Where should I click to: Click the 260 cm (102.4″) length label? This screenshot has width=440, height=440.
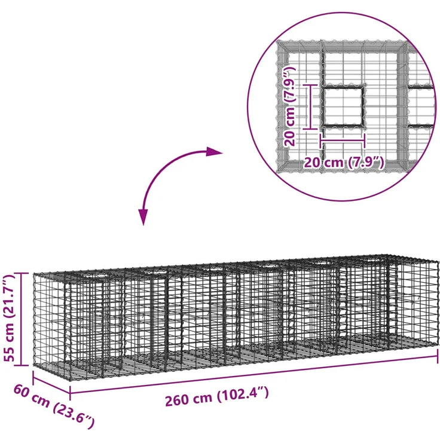tap(216, 396)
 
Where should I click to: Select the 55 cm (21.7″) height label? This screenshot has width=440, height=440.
tap(9, 319)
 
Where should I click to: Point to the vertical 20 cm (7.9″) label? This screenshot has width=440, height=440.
tap(289, 106)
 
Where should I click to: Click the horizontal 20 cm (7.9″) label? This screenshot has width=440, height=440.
tap(344, 162)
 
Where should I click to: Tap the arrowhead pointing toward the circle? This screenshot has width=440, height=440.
tap(214, 151)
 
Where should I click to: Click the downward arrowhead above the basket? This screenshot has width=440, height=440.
tap(143, 217)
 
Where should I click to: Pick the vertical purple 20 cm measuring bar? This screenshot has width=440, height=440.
tap(310, 106)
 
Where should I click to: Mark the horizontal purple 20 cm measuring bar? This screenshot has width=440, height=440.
tap(343, 141)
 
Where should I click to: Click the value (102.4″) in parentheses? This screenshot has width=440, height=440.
tap(243, 393)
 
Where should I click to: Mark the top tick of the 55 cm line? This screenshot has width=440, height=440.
tap(21, 273)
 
